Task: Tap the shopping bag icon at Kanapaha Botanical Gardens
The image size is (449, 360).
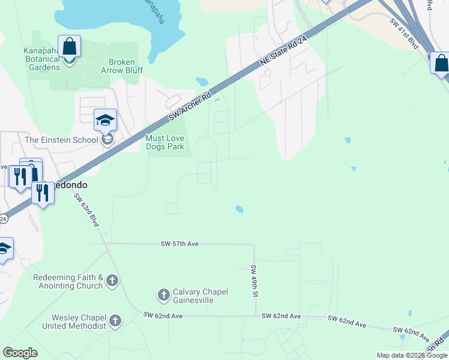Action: [x=70, y=47]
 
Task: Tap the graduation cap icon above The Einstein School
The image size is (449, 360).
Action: [x=105, y=120]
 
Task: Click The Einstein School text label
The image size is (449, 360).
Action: [x=61, y=140]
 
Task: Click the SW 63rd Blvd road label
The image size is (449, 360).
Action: [x=86, y=208]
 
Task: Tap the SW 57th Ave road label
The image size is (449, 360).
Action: [x=179, y=244]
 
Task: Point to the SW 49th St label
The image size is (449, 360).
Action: [x=254, y=280]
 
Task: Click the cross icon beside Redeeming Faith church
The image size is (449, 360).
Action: [x=112, y=280]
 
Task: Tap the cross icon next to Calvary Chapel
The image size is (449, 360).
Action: [x=163, y=295]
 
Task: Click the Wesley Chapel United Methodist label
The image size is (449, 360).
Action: [x=74, y=321]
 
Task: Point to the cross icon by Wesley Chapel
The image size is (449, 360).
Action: [x=115, y=322]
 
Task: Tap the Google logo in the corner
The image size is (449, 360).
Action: [x=20, y=352]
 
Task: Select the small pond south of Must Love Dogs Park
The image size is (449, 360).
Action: [x=239, y=209]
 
